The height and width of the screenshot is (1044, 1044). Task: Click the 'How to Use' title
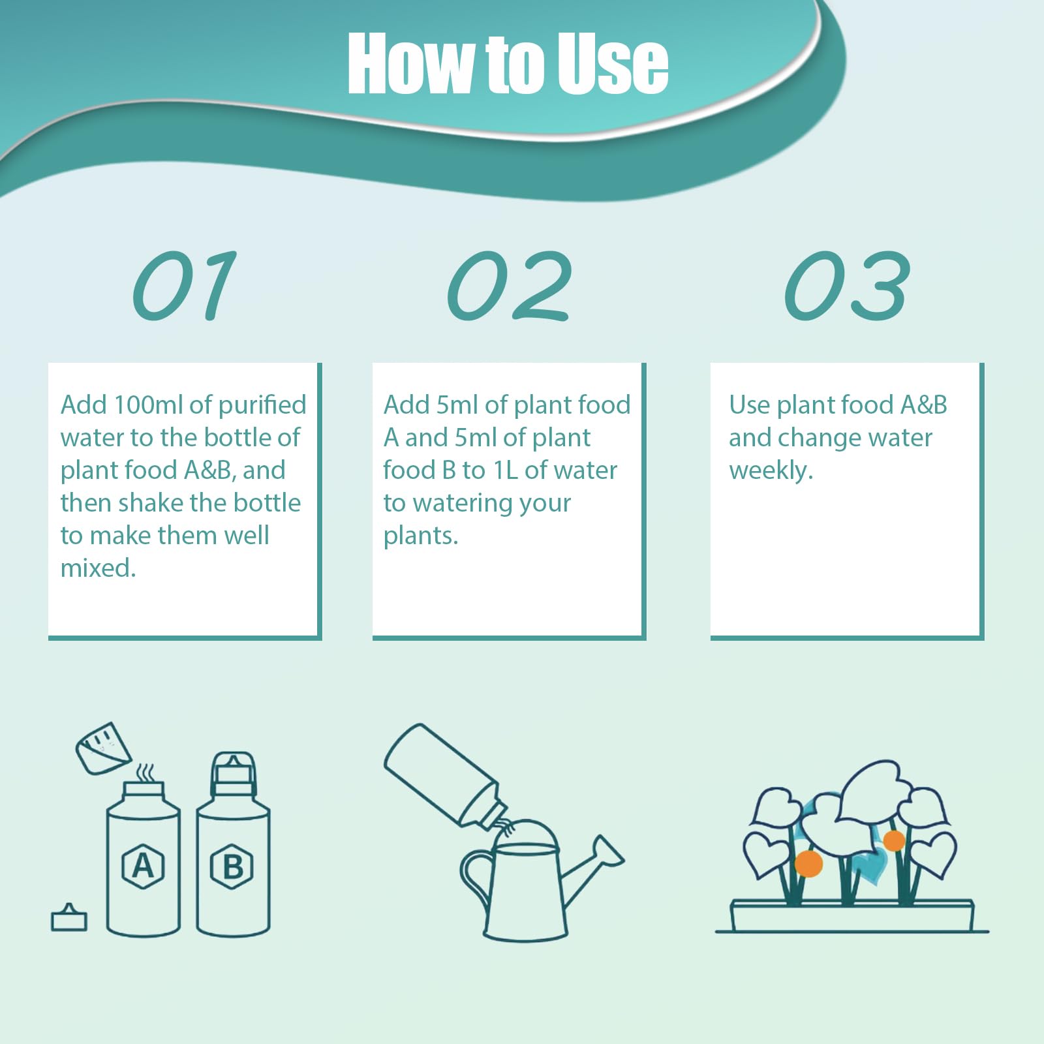pos(508,63)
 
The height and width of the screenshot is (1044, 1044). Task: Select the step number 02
pos(509,286)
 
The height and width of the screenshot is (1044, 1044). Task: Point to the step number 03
pos(846,286)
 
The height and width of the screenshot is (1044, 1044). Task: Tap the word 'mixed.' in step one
pos(98,568)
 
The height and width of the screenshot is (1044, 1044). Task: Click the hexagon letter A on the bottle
pos(143,866)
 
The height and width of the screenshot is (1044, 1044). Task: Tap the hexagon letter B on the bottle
pos(232,867)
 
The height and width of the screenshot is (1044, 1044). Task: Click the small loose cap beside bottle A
pos(69,918)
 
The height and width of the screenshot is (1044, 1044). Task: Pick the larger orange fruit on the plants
pos(809,863)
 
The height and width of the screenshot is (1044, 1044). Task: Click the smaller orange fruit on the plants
pos(894,840)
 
